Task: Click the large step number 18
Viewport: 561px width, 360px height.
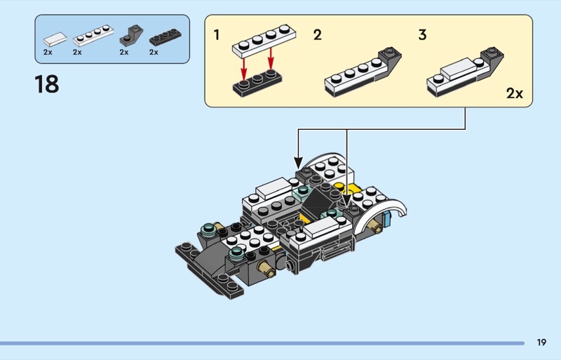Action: tap(47, 84)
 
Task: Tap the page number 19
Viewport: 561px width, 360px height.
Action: tap(541, 342)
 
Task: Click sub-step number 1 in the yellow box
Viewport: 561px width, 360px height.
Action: tap(217, 35)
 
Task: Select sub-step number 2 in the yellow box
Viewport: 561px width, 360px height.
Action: tap(318, 35)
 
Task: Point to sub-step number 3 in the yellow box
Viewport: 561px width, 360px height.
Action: tap(423, 35)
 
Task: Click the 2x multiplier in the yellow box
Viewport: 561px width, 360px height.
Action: tap(515, 93)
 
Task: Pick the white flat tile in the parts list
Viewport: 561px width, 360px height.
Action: tap(55, 39)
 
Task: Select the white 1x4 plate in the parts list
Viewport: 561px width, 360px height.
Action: tap(93, 36)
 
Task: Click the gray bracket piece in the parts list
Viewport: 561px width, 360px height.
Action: tap(131, 36)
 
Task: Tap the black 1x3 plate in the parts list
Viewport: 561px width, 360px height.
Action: tap(165, 37)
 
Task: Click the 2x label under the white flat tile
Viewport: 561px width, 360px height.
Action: tap(48, 53)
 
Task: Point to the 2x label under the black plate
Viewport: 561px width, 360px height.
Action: tap(154, 53)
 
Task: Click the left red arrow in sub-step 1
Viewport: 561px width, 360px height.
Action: tap(243, 69)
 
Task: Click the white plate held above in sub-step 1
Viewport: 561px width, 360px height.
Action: tap(264, 41)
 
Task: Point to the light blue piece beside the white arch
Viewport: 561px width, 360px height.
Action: tap(386, 219)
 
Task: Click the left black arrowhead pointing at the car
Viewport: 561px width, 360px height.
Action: tap(299, 163)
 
